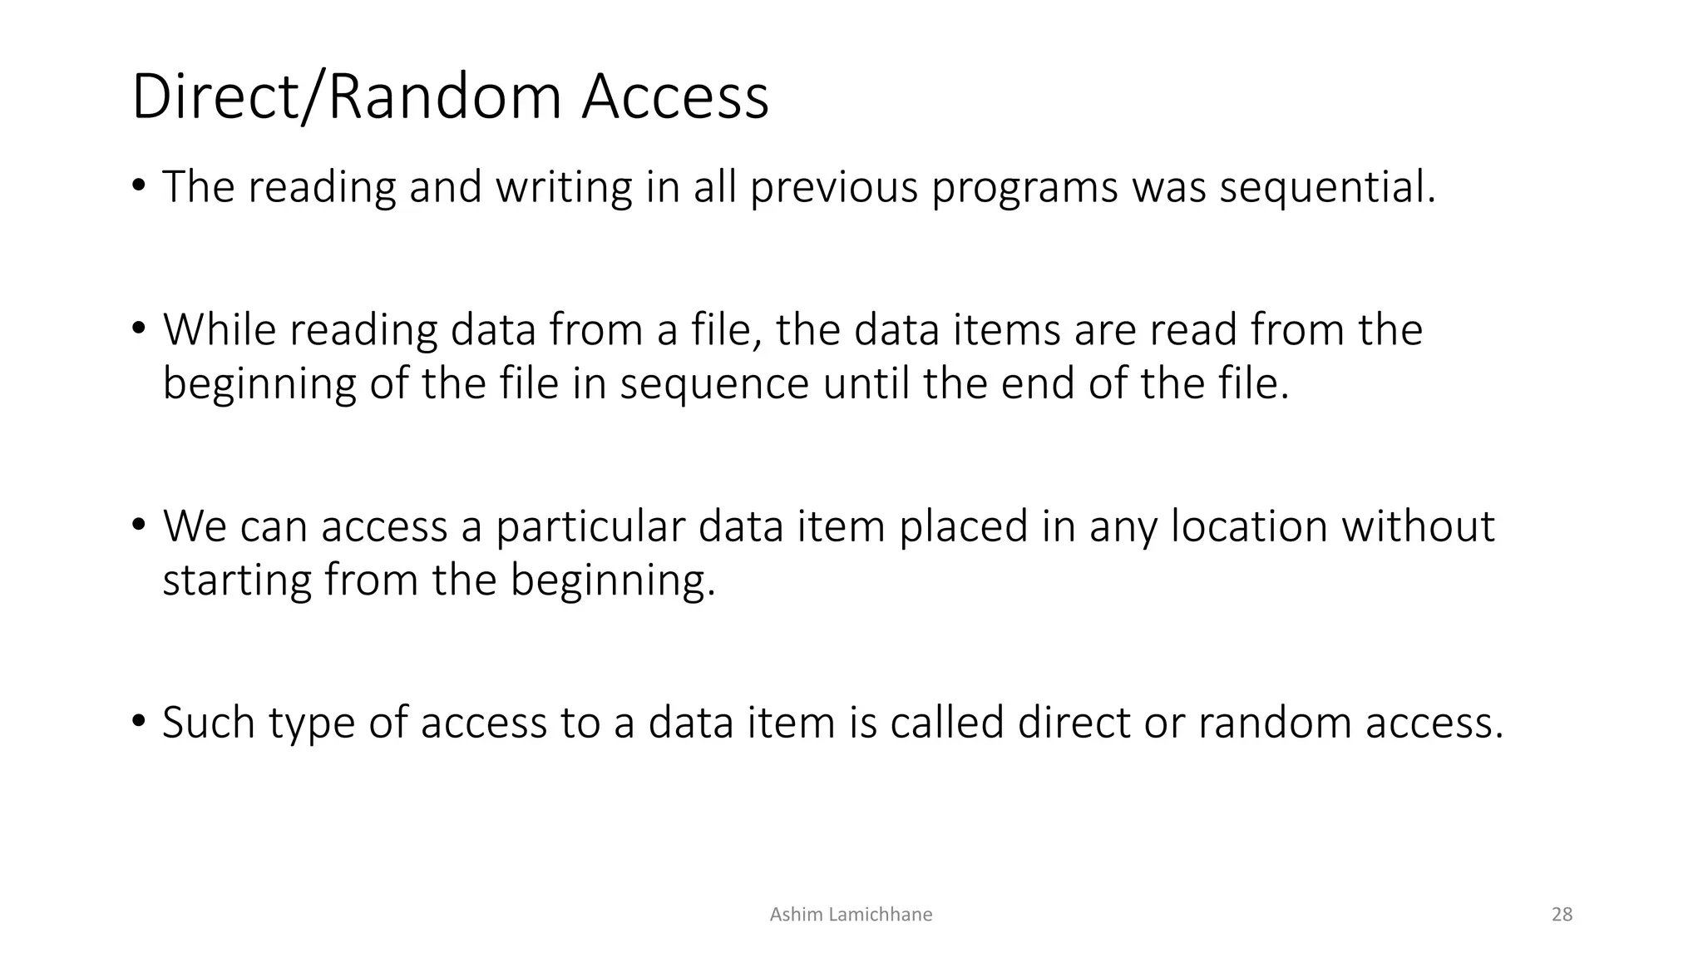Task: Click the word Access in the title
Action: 674,97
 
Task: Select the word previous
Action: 833,187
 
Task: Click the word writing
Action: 564,187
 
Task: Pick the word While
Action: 219,329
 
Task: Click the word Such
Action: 208,723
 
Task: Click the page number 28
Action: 1562,915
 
